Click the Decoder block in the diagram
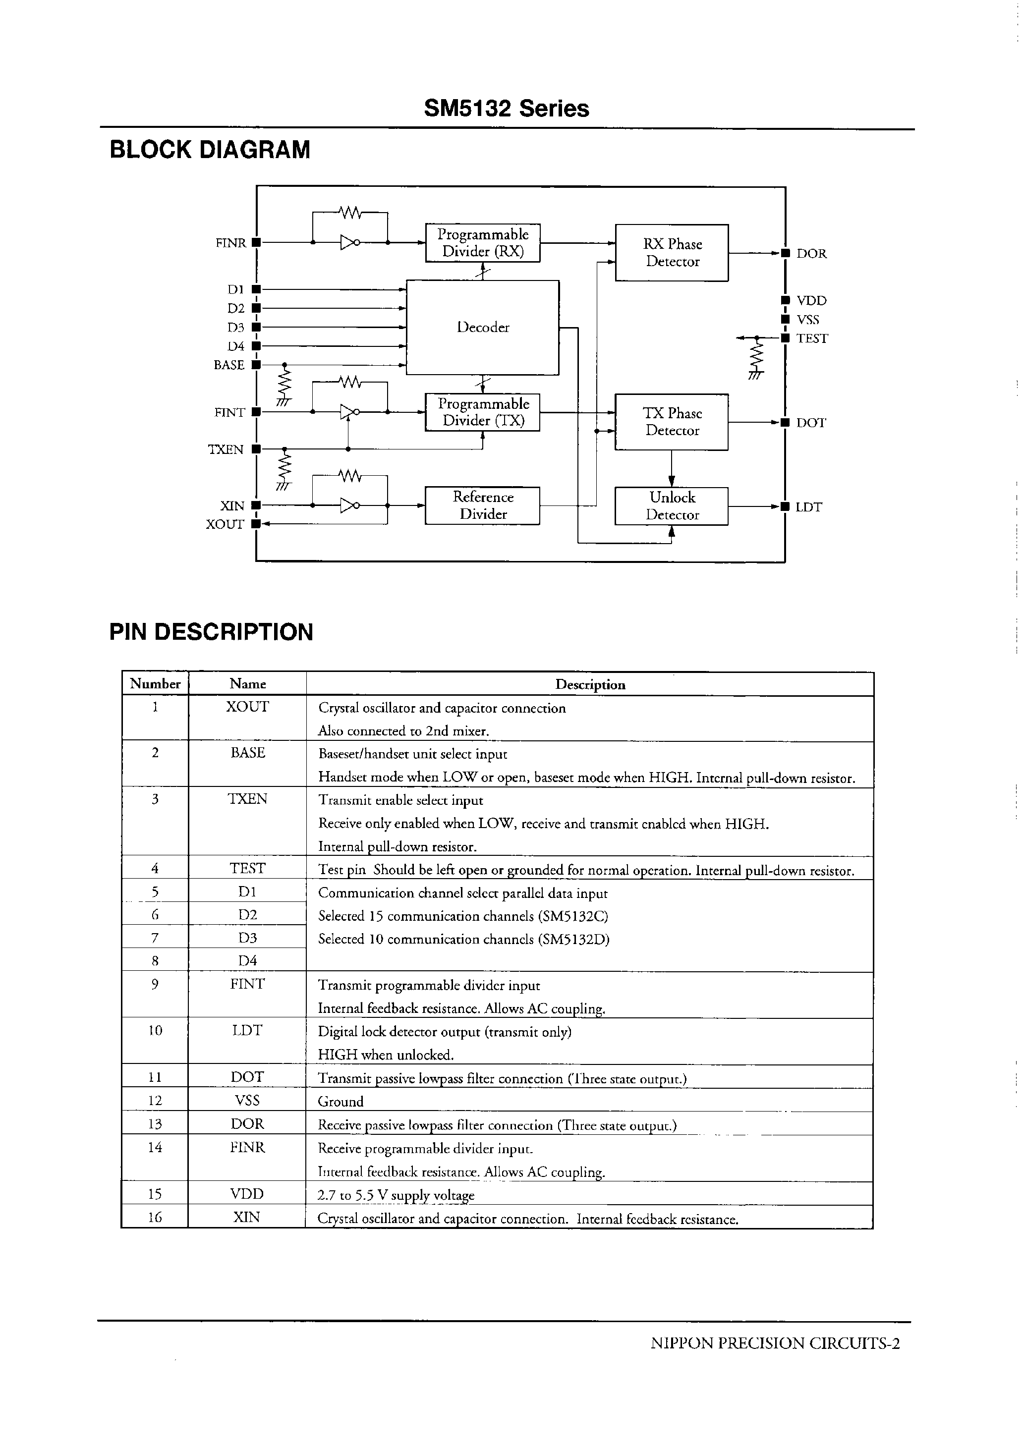click(x=482, y=327)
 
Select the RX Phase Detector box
click(x=672, y=252)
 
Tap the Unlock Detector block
click(x=672, y=505)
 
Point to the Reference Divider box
click(x=482, y=505)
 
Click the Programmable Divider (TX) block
click(x=482, y=412)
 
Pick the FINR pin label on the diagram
click(x=230, y=243)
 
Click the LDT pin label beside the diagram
click(x=808, y=507)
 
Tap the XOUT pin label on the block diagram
click(x=225, y=524)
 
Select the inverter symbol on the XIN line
click(x=349, y=505)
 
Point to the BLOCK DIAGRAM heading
click(x=210, y=150)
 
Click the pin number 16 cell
click(x=155, y=1218)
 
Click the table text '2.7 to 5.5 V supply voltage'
click(x=396, y=1195)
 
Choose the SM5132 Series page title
click(x=507, y=109)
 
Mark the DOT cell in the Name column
click(x=247, y=1077)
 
